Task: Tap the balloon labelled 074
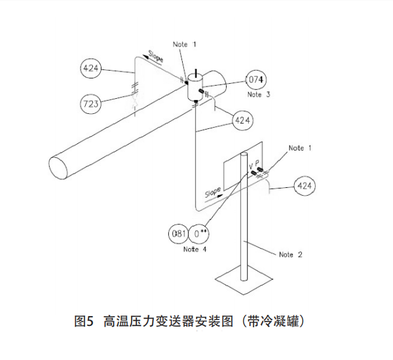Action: click(x=255, y=80)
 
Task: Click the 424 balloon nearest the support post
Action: click(x=304, y=187)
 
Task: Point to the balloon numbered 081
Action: click(x=179, y=234)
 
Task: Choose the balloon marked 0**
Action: click(x=201, y=234)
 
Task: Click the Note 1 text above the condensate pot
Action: click(x=185, y=44)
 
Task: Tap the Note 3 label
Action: click(x=255, y=95)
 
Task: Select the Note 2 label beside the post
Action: click(x=290, y=255)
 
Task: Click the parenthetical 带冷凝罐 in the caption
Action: click(x=276, y=321)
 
